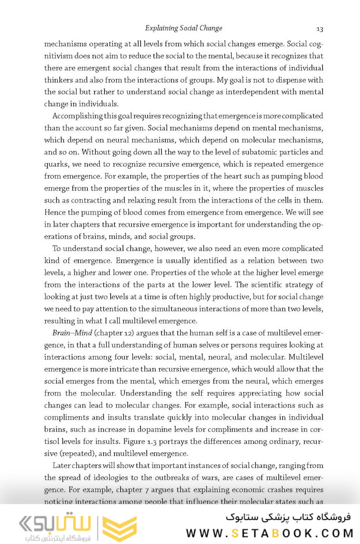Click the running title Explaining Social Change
pyautogui.click(x=183, y=28)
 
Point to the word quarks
pyautogui.click(x=56, y=164)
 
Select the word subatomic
pyautogui.click(x=251, y=152)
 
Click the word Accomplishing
pyautogui.click(x=77, y=115)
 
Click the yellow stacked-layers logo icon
pyautogui.click(x=119, y=528)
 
